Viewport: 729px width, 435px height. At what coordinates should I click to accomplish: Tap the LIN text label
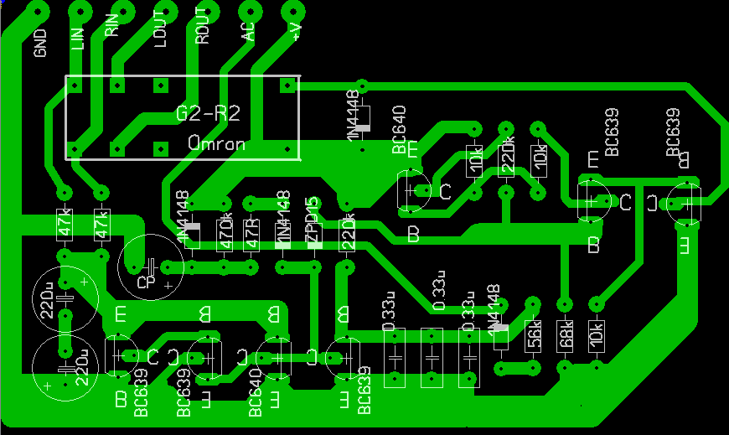tap(79, 38)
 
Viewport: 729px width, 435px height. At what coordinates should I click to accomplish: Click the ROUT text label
tap(201, 33)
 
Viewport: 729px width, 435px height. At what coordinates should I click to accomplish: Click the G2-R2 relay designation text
tap(209, 113)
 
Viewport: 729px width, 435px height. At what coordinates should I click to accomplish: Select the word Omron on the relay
tap(217, 143)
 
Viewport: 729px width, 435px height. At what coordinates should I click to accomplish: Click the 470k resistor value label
tap(224, 234)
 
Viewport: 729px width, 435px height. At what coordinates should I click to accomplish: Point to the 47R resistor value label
tap(251, 234)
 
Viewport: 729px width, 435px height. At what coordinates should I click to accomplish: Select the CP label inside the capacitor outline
tap(146, 282)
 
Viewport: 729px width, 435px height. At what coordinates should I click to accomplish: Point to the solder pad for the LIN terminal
tap(80, 11)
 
